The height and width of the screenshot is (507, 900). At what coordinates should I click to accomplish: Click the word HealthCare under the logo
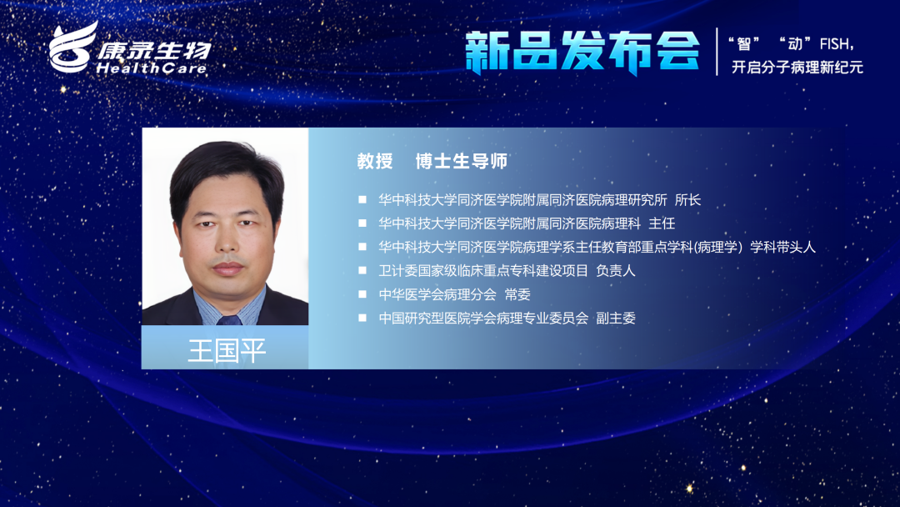152,68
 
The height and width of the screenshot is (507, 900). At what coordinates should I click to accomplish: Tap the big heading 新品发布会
582,52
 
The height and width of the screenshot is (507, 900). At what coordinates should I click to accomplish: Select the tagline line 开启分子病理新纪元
797,68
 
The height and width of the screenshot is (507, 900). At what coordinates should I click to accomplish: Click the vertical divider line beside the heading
717,52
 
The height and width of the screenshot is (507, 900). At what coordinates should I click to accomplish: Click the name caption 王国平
227,350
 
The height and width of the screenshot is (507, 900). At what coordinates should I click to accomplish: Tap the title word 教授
375,161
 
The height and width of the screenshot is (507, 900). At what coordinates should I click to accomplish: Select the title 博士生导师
462,161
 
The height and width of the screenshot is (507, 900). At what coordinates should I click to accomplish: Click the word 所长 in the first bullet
687,200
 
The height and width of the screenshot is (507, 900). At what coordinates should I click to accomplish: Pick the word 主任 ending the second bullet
662,223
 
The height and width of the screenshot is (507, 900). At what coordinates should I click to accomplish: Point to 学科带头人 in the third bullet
782,247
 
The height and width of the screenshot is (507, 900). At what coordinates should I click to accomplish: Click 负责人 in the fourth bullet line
616,270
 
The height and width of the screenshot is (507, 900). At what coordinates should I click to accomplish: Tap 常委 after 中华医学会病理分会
517,294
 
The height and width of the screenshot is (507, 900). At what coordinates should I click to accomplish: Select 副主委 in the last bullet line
616,318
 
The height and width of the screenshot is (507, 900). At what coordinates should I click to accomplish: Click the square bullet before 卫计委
362,270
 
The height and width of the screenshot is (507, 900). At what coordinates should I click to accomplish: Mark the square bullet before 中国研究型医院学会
362,318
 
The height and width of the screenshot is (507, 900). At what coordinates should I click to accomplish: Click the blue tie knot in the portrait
228,320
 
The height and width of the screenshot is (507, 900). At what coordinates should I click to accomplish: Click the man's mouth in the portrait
227,269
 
